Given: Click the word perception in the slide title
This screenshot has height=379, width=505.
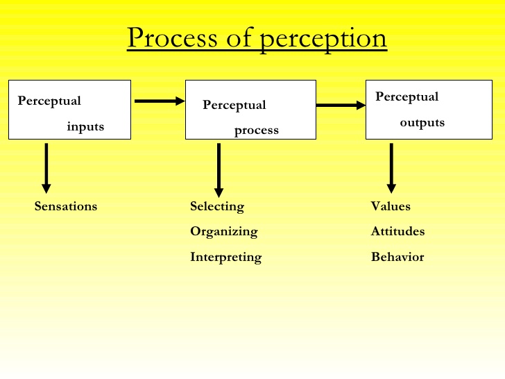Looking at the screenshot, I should (323, 40).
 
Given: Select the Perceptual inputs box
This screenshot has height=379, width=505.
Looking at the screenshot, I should (69, 110).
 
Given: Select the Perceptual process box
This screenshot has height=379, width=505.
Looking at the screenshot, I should (250, 110).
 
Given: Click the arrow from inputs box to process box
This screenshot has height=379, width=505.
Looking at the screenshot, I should (159, 101).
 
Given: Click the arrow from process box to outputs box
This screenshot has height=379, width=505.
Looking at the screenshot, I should (341, 106).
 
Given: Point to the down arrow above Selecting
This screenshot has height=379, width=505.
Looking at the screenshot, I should (219, 170).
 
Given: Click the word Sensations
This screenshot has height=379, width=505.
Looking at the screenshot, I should (66, 206).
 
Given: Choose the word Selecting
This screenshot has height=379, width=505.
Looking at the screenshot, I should (217, 206).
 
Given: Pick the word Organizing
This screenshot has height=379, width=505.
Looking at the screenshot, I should (223, 231).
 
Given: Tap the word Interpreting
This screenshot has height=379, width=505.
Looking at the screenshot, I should (226, 257).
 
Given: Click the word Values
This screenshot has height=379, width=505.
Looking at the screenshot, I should (391, 206).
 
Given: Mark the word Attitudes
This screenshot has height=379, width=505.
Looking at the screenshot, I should (397, 231).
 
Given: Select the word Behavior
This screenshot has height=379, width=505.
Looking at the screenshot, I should (397, 257).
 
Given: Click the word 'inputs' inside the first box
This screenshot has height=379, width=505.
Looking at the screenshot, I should (85, 126).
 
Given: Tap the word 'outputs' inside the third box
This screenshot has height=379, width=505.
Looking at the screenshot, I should (422, 123).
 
